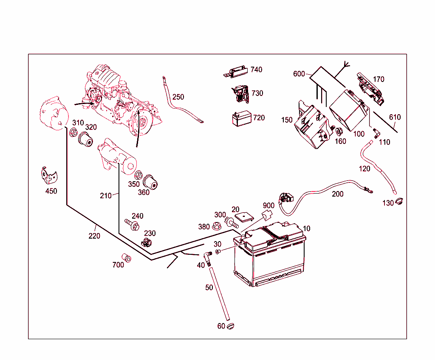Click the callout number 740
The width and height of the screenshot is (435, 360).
(x=256, y=70)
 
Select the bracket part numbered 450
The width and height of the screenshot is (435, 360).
(x=50, y=175)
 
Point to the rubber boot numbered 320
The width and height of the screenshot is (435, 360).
(x=86, y=139)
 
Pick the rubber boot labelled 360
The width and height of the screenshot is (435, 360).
(x=150, y=182)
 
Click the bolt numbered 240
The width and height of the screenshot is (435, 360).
(x=132, y=224)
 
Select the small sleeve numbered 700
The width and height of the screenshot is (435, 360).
(x=127, y=258)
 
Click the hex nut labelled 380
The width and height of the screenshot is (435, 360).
(x=216, y=225)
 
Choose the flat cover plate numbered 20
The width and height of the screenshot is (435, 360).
(x=244, y=217)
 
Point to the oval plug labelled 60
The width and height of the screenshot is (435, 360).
(x=231, y=326)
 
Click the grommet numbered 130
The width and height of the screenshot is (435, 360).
(x=398, y=202)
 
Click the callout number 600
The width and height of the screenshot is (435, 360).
(x=299, y=74)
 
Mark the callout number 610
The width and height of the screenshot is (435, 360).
(x=395, y=117)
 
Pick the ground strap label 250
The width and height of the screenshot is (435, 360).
(x=178, y=97)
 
